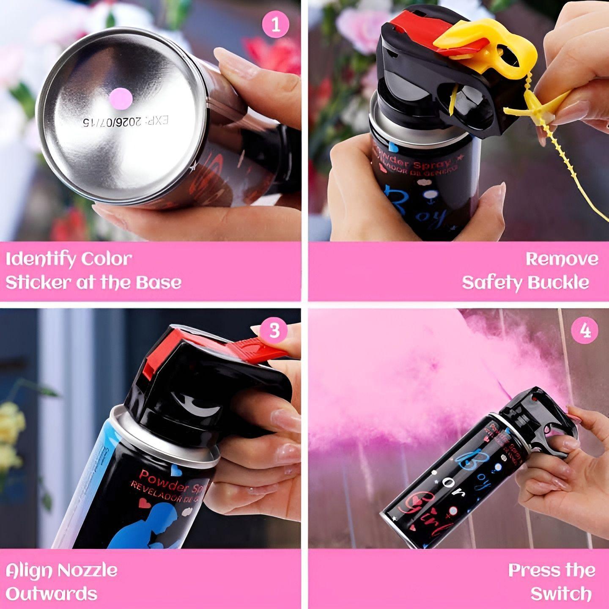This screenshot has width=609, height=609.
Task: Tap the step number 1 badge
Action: (x=276, y=25)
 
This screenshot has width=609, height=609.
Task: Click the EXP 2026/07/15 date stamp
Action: (x=126, y=121)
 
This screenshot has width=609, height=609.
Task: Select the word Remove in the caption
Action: (x=562, y=259)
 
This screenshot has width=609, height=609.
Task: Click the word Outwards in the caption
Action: (x=51, y=594)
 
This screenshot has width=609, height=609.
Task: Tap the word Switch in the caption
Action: (x=561, y=594)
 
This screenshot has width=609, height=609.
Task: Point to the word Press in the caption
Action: (x=535, y=571)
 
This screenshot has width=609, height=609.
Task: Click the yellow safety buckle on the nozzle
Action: (x=486, y=47)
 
